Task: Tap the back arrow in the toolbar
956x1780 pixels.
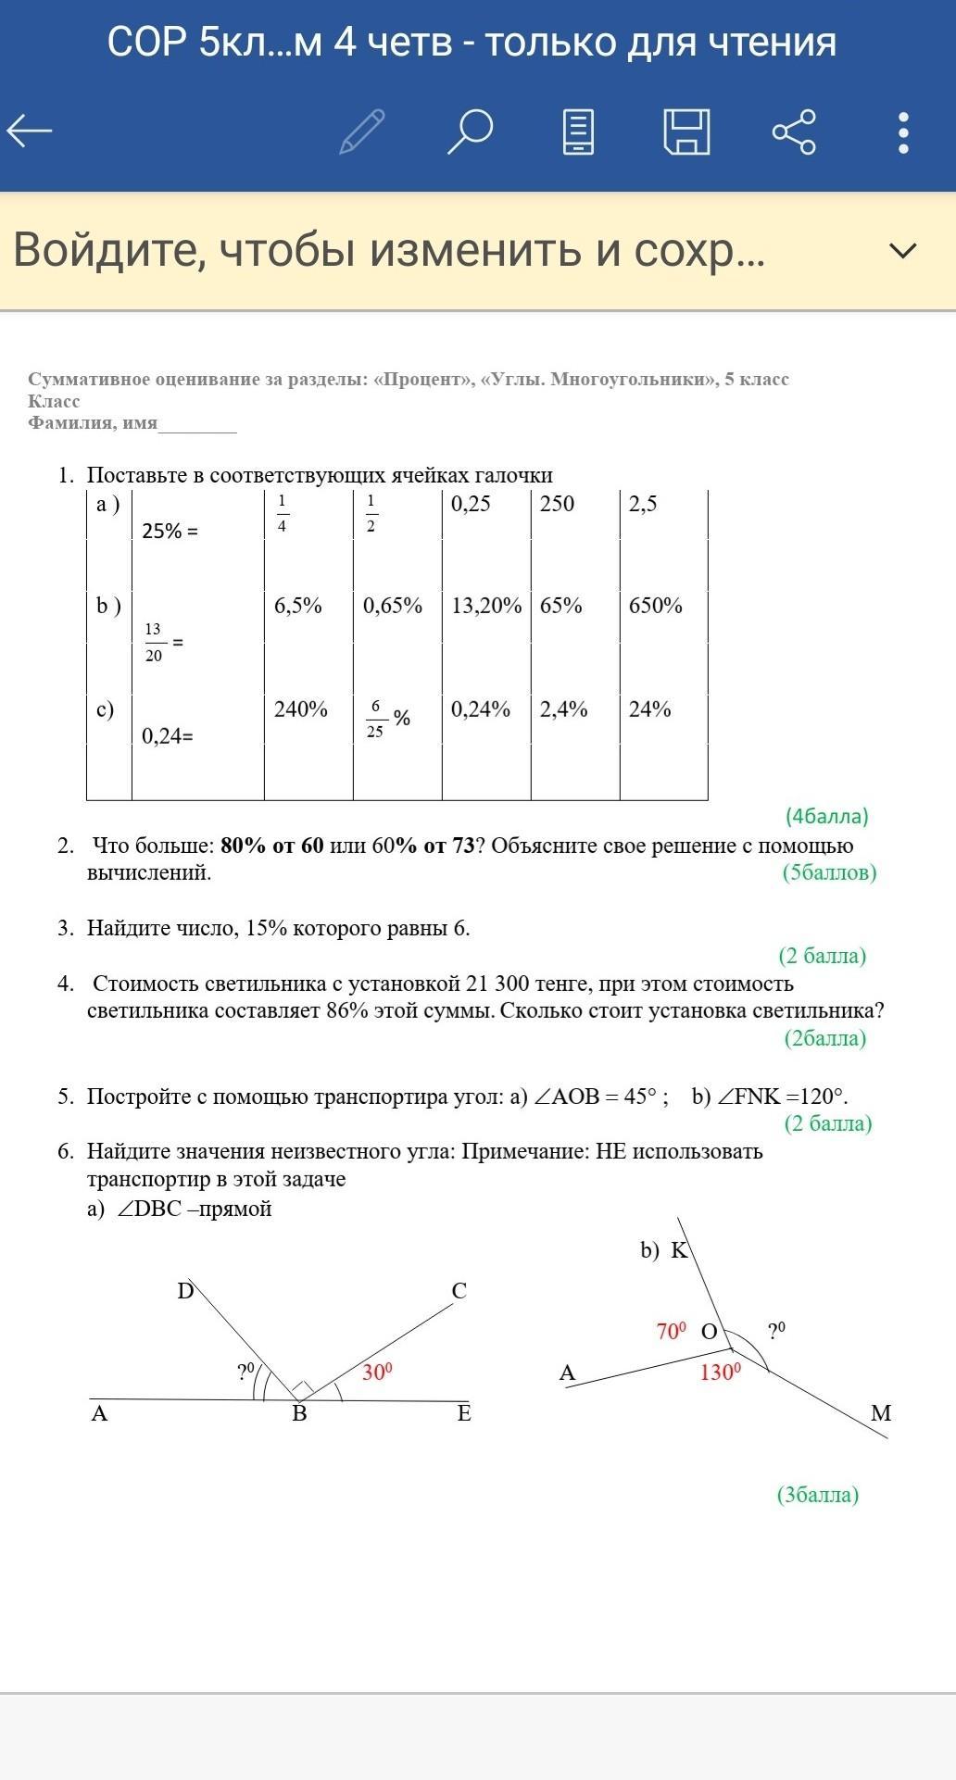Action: tap(30, 131)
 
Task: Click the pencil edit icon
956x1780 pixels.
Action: tap(362, 132)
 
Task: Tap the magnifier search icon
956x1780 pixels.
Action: tap(470, 132)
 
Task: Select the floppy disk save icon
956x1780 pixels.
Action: tap(686, 132)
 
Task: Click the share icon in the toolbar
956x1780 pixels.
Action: tap(794, 132)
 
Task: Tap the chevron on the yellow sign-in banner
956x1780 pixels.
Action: tap(902, 250)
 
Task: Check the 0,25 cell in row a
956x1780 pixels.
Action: tap(471, 504)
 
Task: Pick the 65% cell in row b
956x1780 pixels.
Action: tap(561, 606)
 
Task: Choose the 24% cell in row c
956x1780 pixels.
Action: tap(649, 709)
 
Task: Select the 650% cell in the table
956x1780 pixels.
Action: tap(655, 606)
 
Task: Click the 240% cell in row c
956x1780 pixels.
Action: tap(300, 709)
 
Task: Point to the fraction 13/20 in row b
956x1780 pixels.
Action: tap(154, 642)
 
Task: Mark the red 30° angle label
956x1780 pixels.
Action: tap(377, 1373)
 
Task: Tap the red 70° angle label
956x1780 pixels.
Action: tap(672, 1332)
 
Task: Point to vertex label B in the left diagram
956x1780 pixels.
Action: tap(299, 1413)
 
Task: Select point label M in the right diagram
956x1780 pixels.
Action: tap(881, 1413)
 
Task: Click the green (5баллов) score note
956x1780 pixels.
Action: tap(829, 872)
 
